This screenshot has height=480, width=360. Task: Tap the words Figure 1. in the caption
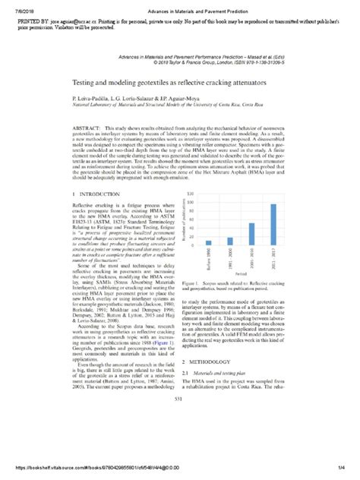pos(194,303)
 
